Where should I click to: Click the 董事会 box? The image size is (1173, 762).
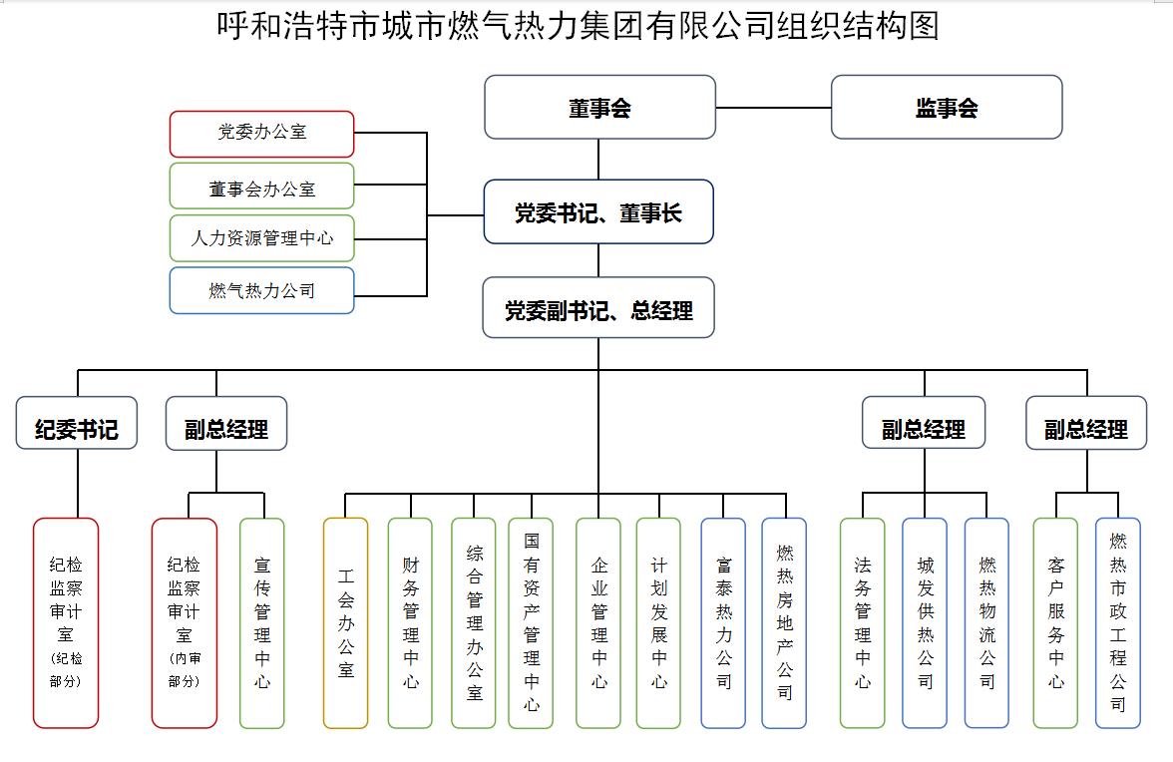point(599,107)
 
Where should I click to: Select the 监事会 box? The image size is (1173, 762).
point(946,107)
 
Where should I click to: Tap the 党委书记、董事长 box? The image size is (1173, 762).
point(598,211)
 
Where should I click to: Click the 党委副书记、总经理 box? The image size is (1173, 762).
point(598,309)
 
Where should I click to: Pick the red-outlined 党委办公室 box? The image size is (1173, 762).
point(261,133)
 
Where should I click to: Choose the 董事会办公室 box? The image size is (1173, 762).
point(261,186)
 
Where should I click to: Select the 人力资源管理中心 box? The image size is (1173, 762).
point(261,238)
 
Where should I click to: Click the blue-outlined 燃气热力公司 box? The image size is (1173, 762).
point(261,290)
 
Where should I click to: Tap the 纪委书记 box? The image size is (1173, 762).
point(76,424)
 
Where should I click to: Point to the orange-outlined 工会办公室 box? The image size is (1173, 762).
point(345,622)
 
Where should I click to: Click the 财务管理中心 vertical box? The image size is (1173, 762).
point(410,622)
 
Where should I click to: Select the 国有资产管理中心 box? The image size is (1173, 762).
point(531,622)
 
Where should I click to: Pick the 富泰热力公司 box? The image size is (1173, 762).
point(723,622)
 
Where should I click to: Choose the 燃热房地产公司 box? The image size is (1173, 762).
point(784,622)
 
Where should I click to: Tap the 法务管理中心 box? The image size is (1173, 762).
point(862,622)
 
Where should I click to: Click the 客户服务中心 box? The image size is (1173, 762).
point(1055,622)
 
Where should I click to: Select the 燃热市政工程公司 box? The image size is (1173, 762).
point(1117,622)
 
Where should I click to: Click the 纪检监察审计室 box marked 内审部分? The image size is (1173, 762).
point(184,622)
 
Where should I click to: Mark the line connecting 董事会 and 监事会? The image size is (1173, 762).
point(773,107)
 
